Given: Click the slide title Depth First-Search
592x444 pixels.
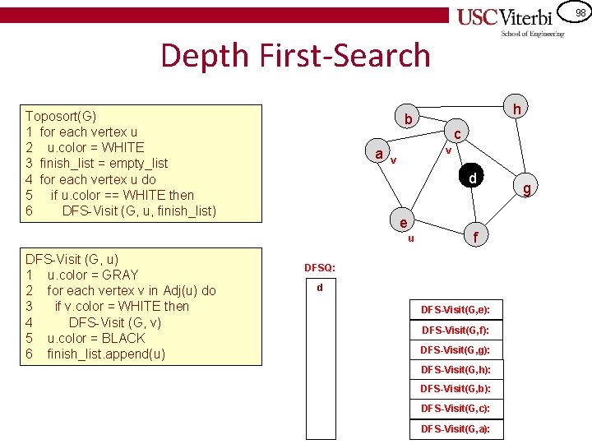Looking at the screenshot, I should pyautogui.click(x=295, y=55).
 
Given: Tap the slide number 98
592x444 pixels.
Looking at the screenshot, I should pyautogui.click(x=580, y=12).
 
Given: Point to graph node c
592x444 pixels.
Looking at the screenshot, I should pyautogui.click(x=459, y=132).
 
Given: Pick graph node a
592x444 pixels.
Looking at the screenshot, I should pyautogui.click(x=377, y=154).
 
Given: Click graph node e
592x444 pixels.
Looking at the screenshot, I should pyautogui.click(x=403, y=223).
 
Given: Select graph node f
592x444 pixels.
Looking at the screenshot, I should pyautogui.click(x=475, y=237).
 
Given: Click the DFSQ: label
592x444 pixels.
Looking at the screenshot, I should pyautogui.click(x=320, y=268).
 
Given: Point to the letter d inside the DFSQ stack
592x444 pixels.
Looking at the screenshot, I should pyautogui.click(x=320, y=288).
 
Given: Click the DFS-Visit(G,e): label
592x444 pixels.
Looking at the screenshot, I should pyautogui.click(x=456, y=310).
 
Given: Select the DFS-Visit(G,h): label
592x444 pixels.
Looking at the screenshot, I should pyautogui.click(x=456, y=369).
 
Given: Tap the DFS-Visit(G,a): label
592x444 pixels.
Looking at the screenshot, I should pyautogui.click(x=456, y=428).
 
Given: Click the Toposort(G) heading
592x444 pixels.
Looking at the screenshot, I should pyautogui.click(x=61, y=116).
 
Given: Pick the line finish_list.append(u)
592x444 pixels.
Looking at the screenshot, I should pyautogui.click(x=106, y=354).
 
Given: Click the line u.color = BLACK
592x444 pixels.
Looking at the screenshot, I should pyautogui.click(x=95, y=338).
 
